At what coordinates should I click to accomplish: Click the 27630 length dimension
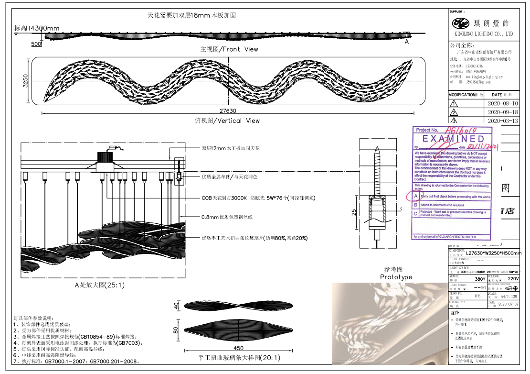tap(229, 110)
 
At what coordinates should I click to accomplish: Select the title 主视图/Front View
tap(229, 49)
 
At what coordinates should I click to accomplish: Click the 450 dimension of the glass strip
tap(238, 348)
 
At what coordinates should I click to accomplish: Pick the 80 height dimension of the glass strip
tap(176, 330)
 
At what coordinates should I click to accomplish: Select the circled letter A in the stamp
tap(415, 196)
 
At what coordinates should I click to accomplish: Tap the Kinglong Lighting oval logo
tap(462, 23)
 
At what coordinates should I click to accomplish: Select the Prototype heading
tap(396, 277)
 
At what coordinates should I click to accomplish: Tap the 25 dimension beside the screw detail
tap(354, 212)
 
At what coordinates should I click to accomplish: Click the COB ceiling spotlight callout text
tap(258, 198)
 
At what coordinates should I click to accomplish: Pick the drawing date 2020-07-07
tap(508, 304)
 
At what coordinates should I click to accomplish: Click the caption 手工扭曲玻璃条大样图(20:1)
tap(239, 358)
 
